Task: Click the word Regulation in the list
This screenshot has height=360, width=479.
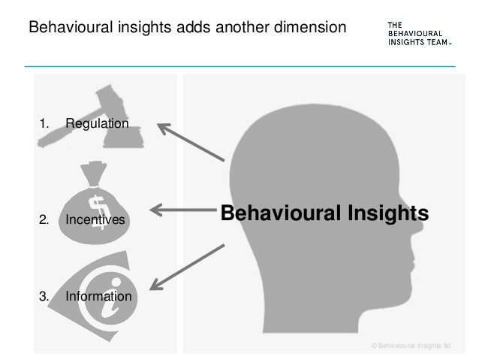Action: tap(97, 123)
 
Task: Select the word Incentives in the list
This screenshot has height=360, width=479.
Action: tap(95, 220)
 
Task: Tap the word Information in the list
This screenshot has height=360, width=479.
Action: tap(98, 296)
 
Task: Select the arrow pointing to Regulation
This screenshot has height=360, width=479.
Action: tap(191, 141)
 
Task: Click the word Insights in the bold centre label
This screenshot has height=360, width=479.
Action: tap(387, 213)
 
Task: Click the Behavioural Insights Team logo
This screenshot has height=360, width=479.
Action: tap(418, 33)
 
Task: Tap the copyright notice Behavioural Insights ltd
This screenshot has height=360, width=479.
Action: tap(411, 345)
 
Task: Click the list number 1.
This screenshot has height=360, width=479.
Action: tap(44, 123)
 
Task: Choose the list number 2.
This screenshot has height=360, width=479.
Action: tap(44, 220)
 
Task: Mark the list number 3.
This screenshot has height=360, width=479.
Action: tap(44, 296)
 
